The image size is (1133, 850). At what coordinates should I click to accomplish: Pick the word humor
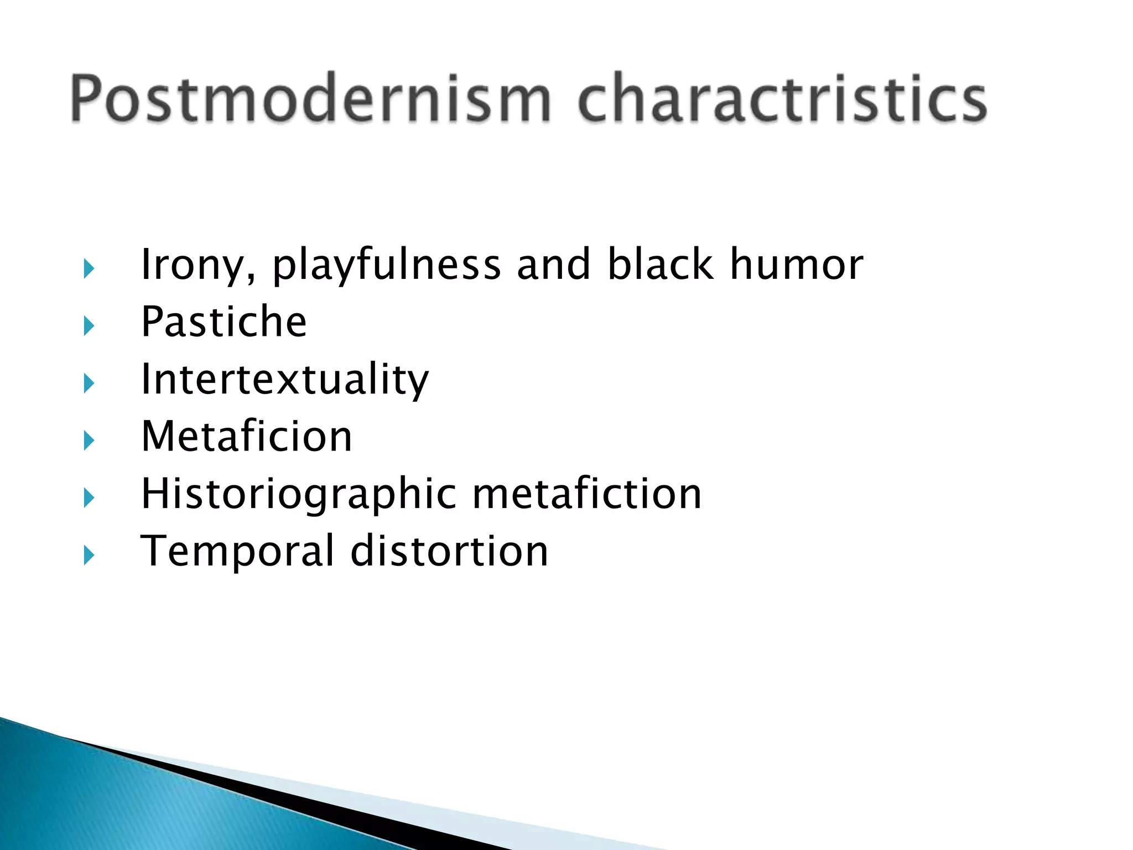[x=796, y=265]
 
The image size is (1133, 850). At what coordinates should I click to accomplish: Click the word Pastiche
[x=224, y=322]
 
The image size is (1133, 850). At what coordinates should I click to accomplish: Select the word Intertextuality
[x=284, y=380]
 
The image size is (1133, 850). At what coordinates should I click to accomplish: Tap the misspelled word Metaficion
[x=246, y=437]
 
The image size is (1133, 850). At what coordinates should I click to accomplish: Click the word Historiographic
[x=299, y=495]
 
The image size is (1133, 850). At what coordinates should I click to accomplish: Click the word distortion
[x=449, y=551]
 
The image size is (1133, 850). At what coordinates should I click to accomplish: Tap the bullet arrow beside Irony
[x=89, y=269]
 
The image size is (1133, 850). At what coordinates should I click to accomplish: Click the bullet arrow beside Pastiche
[x=89, y=326]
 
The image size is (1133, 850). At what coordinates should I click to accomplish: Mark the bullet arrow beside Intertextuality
[x=89, y=383]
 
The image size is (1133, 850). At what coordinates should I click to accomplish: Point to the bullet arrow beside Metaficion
[x=89, y=441]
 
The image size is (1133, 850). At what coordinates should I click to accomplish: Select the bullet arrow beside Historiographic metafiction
[x=89, y=498]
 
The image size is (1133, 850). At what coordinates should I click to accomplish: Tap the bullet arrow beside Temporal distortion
[x=89, y=555]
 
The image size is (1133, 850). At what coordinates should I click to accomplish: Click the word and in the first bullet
[x=553, y=265]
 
